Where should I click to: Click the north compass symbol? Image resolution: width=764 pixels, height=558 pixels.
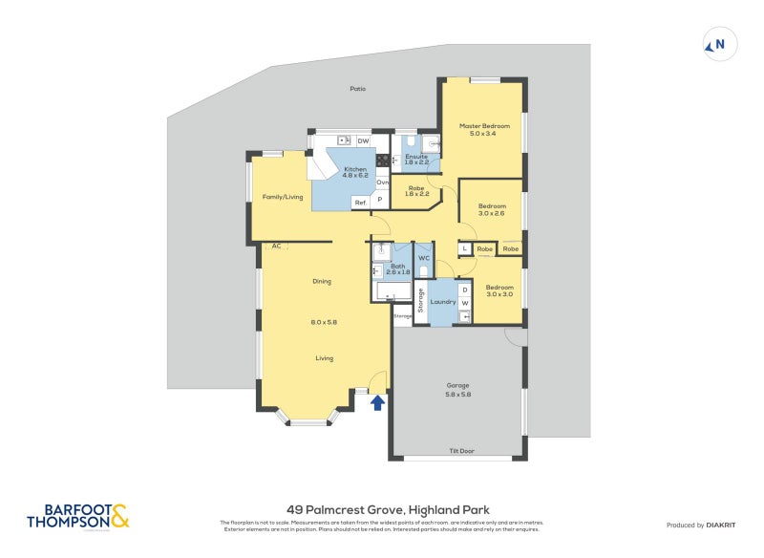coord(719,43)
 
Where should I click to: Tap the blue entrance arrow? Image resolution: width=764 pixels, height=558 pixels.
coord(377,402)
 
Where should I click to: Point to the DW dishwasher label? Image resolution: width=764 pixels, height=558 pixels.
coord(363,141)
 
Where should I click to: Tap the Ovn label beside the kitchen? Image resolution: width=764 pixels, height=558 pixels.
coord(382,182)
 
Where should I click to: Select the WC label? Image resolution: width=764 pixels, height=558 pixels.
coord(424,259)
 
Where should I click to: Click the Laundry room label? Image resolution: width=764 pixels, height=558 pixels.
coord(443,302)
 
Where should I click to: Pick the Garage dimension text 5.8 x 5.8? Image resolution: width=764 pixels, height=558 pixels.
coord(458,394)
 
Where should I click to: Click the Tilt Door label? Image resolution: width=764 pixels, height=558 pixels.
coord(461,451)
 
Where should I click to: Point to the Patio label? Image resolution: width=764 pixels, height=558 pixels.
coord(357,89)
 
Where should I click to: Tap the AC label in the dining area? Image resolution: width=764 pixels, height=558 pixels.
coord(276,246)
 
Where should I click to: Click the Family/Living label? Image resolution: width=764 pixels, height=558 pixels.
coord(282,197)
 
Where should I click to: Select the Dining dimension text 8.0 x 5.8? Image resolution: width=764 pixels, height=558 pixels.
coord(324,322)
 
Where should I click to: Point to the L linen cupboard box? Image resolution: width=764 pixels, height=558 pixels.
coord(464,248)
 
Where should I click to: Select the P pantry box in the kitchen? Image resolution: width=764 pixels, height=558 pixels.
coord(380,201)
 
